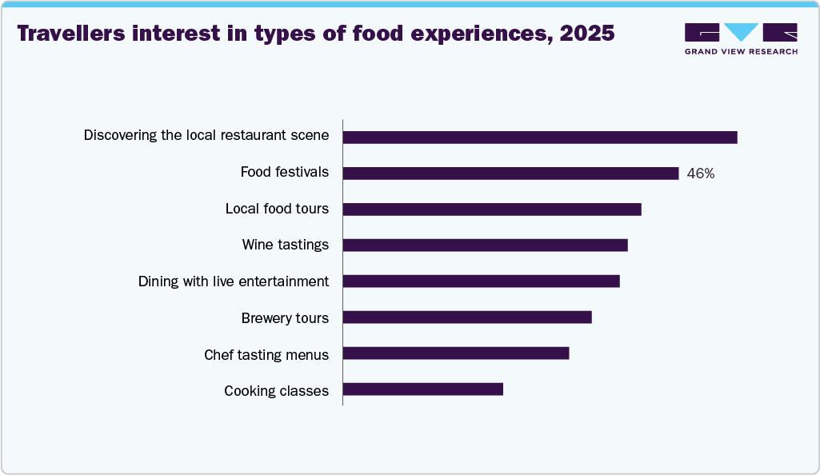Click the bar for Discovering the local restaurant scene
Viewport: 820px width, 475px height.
(x=540, y=138)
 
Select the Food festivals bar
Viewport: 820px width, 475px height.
(x=510, y=174)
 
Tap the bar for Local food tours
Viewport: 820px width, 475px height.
(x=492, y=210)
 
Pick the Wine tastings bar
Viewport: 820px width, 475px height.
(x=485, y=245)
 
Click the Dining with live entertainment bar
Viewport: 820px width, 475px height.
(x=481, y=281)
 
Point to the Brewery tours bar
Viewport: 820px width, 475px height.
(x=467, y=317)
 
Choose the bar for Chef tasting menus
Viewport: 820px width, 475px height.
(x=456, y=353)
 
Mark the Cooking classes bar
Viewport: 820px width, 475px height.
(x=423, y=389)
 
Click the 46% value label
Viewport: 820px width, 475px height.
(x=701, y=174)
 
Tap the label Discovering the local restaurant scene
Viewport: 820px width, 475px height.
(x=206, y=135)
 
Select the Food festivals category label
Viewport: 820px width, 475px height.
(x=285, y=172)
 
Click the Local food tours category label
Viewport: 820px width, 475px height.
(x=277, y=209)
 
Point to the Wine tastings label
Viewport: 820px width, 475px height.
(x=286, y=245)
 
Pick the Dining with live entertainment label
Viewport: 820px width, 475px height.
(x=234, y=281)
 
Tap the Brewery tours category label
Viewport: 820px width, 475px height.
(x=285, y=318)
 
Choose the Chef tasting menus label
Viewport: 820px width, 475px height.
(x=266, y=354)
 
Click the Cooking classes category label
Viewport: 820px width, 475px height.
(x=276, y=391)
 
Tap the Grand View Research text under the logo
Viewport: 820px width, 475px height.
(x=741, y=52)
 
